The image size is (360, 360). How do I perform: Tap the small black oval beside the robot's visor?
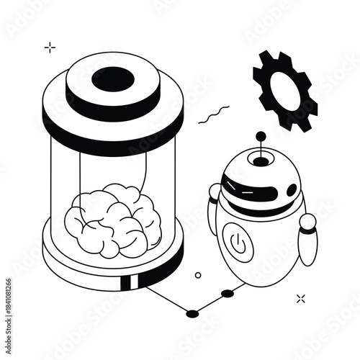pyautogui.click(x=291, y=190)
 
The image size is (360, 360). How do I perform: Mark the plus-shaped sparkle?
pyautogui.click(x=50, y=48)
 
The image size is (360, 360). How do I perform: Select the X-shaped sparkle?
pyautogui.click(x=301, y=298)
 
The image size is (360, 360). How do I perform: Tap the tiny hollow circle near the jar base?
pyautogui.click(x=198, y=274)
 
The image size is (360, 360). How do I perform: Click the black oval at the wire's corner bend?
pyautogui.click(x=192, y=313)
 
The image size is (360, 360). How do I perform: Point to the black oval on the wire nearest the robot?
pyautogui.click(x=228, y=293)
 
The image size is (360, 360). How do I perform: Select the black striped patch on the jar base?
pyautogui.click(x=131, y=282)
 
